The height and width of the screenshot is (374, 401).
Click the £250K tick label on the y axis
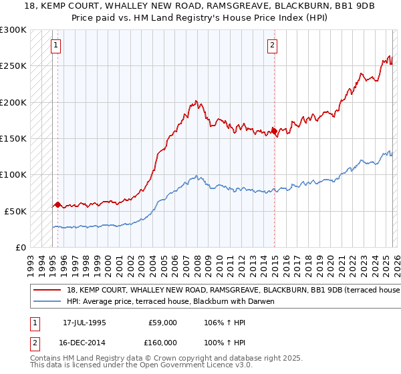coord(13,66)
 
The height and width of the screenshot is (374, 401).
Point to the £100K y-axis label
coord(13,174)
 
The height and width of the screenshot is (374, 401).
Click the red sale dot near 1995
coord(57,204)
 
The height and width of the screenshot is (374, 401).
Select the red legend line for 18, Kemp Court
coord(47,291)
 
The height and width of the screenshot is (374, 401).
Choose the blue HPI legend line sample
coord(47,302)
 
